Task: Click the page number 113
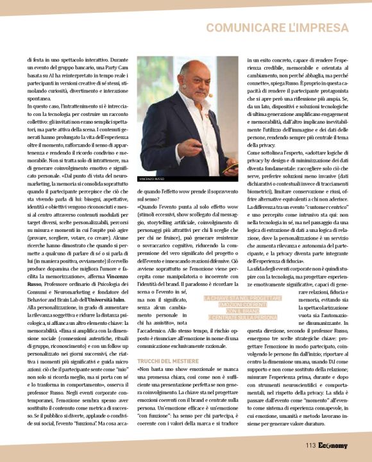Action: [x=311, y=445]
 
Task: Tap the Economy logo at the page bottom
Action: [x=334, y=445]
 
